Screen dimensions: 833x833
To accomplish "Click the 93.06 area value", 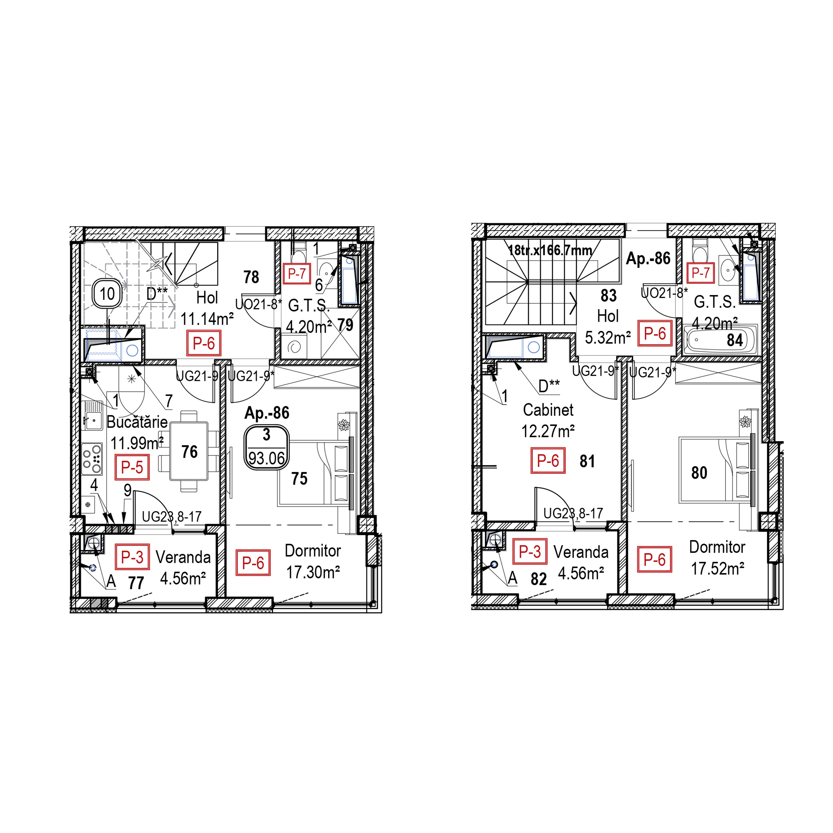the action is (x=267, y=458).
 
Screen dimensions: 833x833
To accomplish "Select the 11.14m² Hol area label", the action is (x=207, y=319).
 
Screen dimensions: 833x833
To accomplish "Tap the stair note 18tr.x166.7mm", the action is (x=550, y=250).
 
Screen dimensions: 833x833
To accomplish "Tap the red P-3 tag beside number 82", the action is (x=530, y=551).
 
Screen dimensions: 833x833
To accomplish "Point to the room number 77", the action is (x=136, y=583).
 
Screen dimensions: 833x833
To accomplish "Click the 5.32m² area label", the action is (x=608, y=337).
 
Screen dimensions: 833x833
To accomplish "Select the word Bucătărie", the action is (x=137, y=422).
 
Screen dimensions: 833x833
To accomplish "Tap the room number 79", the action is (x=345, y=325).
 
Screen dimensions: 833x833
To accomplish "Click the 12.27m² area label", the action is (x=548, y=431).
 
